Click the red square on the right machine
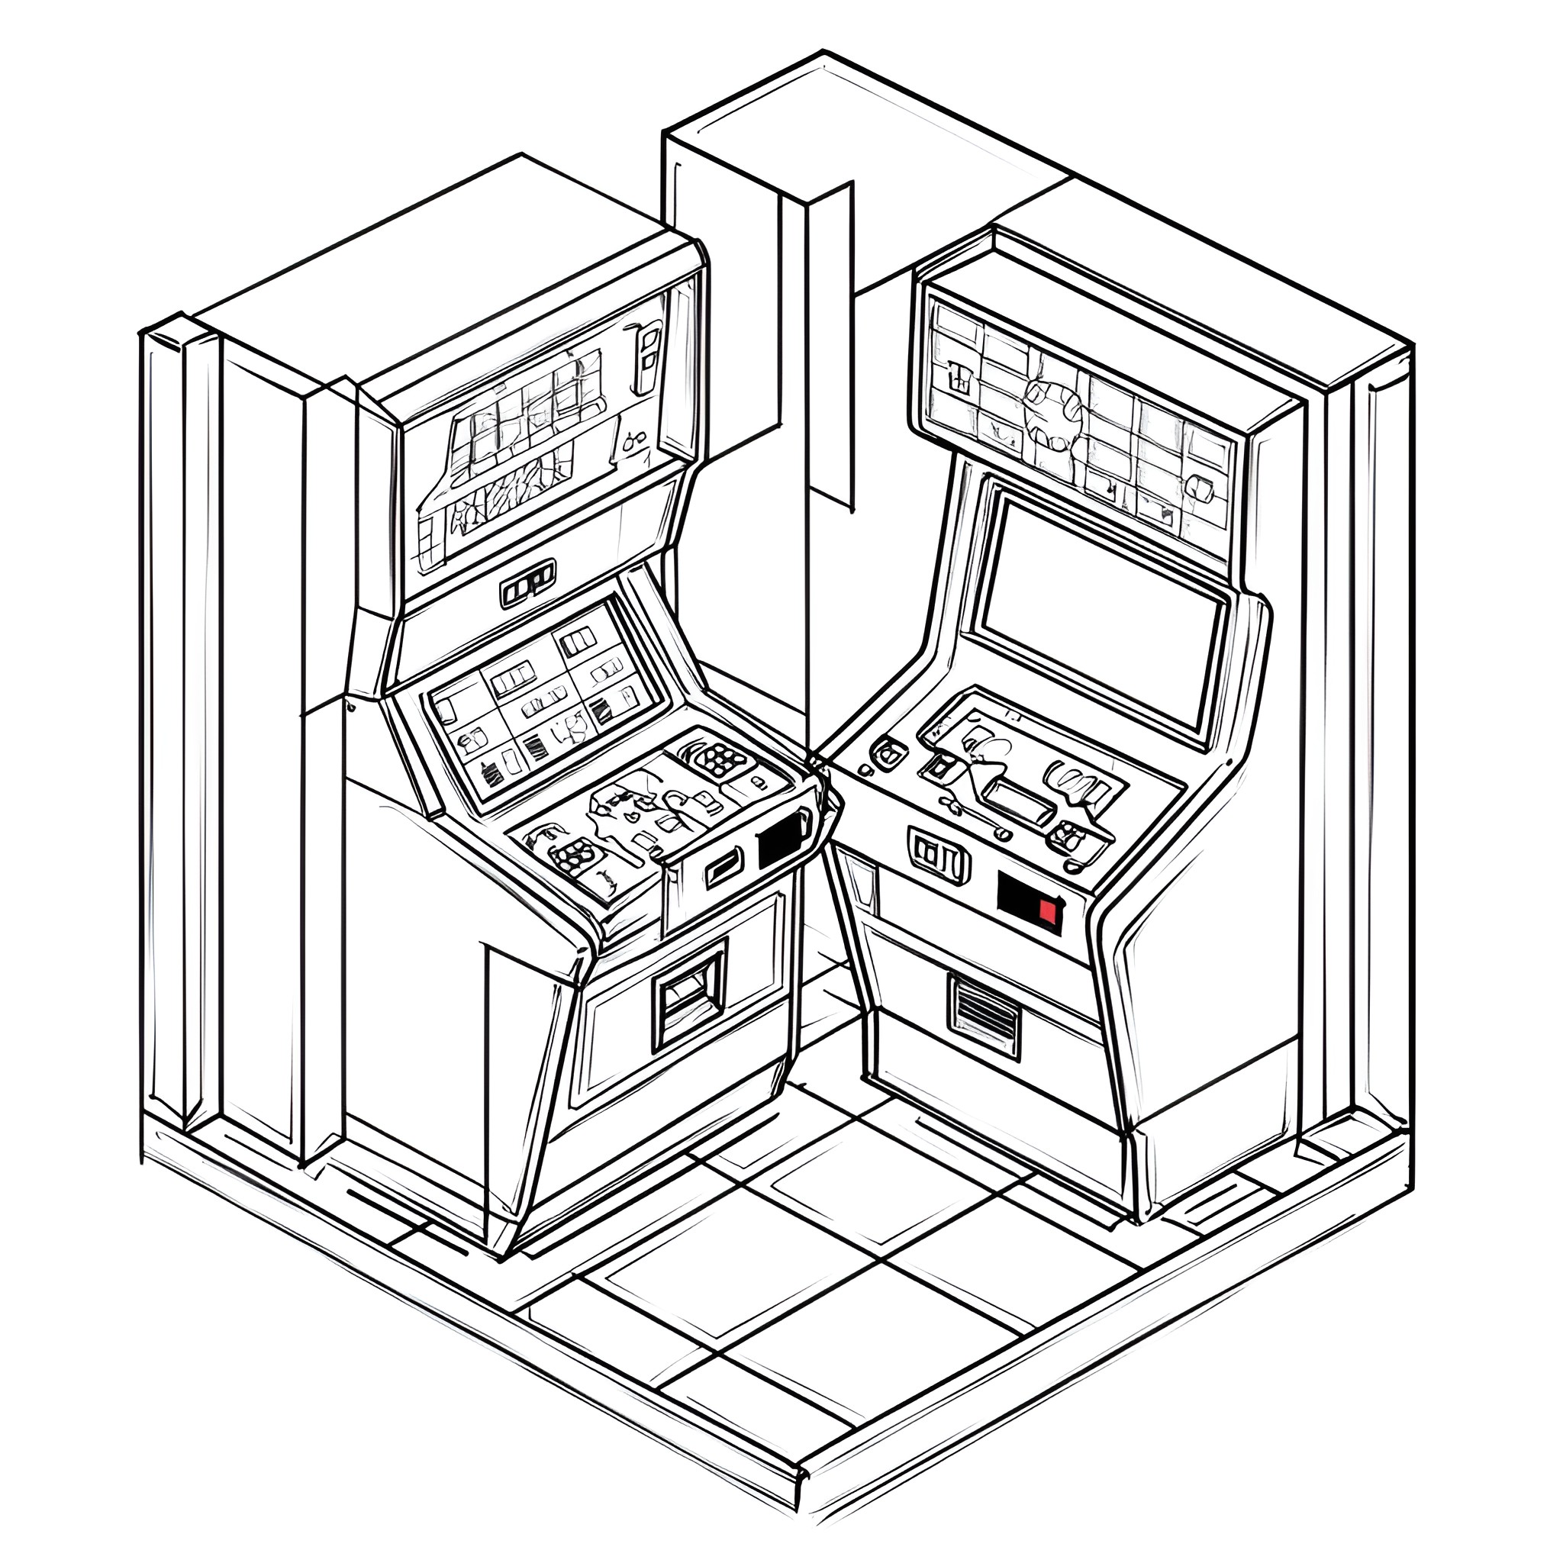pos(1048,911)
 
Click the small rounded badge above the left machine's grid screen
pos(528,580)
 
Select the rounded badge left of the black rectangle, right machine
pos(939,854)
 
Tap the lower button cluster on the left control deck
pos(575,853)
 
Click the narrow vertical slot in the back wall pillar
pos(830,348)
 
